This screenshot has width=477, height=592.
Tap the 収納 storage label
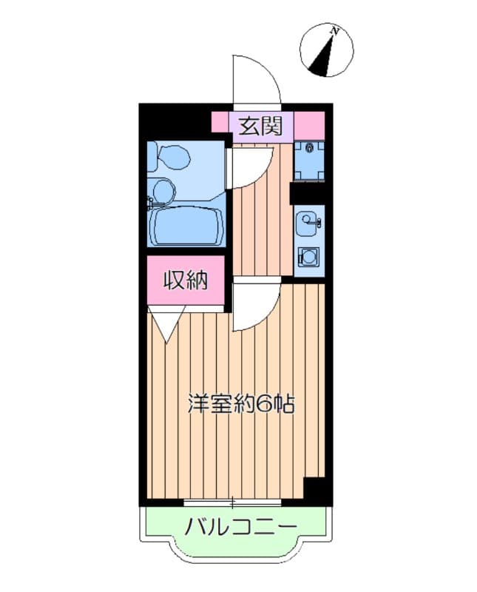[185, 280]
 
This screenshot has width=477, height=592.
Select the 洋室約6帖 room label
[240, 404]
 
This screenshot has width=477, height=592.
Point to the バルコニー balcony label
[240, 527]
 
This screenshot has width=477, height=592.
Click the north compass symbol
[325, 50]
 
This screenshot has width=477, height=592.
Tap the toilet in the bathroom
[172, 158]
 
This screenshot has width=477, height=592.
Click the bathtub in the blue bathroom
[187, 224]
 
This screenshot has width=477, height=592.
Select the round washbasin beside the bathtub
[162, 192]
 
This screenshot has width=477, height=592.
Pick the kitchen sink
[308, 220]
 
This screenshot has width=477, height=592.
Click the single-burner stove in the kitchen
[308, 258]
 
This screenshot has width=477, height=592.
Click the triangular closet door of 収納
[166, 324]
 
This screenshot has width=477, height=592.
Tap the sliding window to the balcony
[232, 503]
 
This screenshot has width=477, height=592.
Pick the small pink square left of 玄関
[220, 121]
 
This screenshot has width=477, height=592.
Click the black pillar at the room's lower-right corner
[317, 489]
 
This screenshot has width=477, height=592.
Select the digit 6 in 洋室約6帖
[265, 404]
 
